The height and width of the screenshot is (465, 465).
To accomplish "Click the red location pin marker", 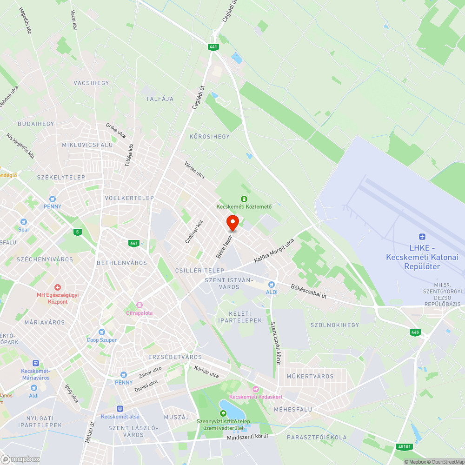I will click(232, 223).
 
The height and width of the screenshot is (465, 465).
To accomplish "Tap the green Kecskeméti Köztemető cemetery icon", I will click(244, 199).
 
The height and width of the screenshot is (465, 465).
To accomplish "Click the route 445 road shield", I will click(415, 332).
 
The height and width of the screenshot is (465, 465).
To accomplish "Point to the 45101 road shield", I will click(405, 446).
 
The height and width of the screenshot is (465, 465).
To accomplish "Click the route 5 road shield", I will click(77, 232).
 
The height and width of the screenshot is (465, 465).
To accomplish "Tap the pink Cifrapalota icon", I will click(139, 305).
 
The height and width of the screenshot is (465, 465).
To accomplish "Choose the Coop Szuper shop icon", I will click(102, 332).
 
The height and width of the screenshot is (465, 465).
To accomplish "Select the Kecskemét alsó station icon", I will click(120, 408).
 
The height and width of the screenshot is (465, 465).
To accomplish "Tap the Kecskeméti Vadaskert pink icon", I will click(255, 389).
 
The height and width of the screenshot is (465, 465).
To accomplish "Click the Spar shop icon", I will click(24, 222).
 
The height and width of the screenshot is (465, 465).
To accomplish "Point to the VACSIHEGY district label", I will click(91, 83).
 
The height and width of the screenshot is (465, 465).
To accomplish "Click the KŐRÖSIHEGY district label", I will click(209, 137).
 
